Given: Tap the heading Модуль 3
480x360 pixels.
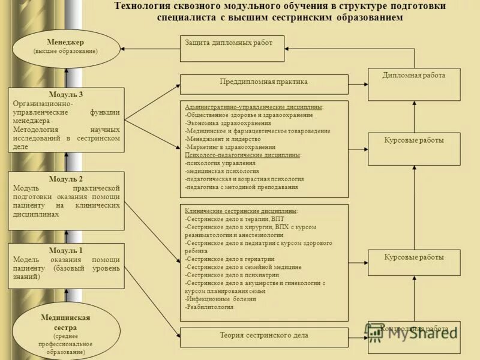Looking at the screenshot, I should [66, 95].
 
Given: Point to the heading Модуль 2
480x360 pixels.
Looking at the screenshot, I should [66, 179].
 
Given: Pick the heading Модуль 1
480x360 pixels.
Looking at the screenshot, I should [66, 250].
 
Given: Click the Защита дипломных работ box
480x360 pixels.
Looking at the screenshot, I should [232, 49].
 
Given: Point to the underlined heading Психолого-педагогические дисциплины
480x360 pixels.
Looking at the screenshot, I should [243, 155].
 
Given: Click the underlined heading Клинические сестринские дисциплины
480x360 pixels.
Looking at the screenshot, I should [241, 211].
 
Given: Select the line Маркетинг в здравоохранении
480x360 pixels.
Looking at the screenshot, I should [230, 147].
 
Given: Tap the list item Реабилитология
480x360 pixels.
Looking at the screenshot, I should [209, 307].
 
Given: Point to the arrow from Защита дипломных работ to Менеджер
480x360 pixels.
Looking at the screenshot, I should [150, 48].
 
